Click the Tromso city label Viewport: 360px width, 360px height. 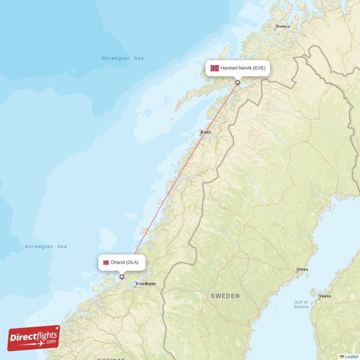click(283, 27)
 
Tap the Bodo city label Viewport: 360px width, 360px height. click(206, 132)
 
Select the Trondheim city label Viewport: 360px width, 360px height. click(145, 284)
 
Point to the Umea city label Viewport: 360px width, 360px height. click(302, 270)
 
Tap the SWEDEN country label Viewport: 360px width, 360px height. click(225, 296)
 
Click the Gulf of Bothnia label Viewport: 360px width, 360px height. click(301, 305)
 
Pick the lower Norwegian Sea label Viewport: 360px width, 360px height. click(46, 247)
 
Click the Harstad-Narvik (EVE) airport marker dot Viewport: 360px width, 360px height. click(238, 82)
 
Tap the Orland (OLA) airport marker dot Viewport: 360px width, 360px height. click(121, 277)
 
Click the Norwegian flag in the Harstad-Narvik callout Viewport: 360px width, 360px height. click(215, 68)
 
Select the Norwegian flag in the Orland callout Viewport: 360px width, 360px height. click(106, 262)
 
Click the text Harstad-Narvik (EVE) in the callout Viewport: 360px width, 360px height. click(243, 68)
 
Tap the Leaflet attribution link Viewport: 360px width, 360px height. click(351, 356)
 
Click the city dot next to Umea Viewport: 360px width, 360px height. click(297, 273)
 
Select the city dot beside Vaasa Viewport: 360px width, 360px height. click(319, 299)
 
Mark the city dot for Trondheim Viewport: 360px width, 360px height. click(135, 285)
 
